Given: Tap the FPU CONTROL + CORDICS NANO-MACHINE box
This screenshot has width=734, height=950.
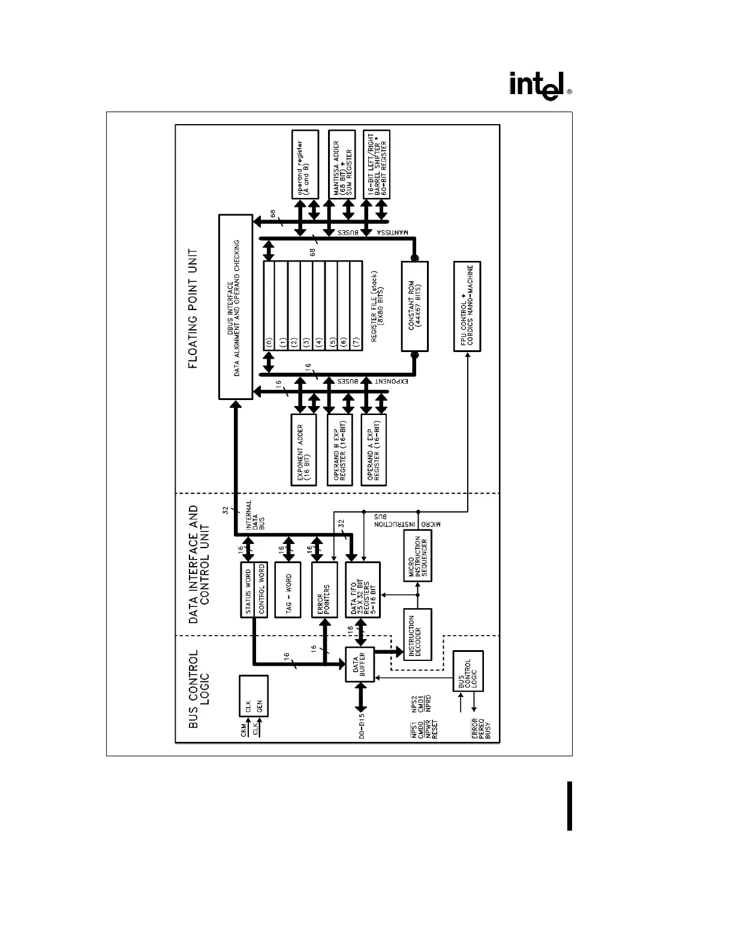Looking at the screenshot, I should click(x=467, y=306).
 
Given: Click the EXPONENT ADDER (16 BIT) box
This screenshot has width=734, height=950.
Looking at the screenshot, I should click(x=305, y=450).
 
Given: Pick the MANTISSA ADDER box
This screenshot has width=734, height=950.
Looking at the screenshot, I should click(x=339, y=164).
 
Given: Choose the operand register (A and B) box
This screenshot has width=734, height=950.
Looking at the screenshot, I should click(x=305, y=164).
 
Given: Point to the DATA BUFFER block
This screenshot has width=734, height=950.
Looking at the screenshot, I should click(x=360, y=664).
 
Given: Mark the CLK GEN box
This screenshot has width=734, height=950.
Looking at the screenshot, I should click(x=253, y=696).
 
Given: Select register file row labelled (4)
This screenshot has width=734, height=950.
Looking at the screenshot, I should click(x=318, y=306).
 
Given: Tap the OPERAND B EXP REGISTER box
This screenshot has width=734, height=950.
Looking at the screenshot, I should click(x=339, y=450).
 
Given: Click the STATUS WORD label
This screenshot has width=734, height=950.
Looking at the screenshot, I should click(x=247, y=590).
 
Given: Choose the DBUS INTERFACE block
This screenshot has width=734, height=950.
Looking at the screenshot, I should click(x=236, y=306).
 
